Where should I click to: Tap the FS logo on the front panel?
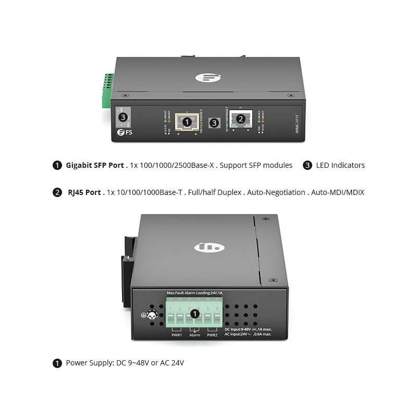125,132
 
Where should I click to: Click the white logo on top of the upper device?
205,77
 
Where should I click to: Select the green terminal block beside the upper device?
108,90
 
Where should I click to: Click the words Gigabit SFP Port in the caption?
95,165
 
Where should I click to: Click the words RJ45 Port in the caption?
84,192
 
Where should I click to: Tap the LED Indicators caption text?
340,165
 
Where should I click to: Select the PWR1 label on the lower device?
177,335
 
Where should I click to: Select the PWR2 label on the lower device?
212,335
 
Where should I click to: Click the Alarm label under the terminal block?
194,335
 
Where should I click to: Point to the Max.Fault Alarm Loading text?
194,293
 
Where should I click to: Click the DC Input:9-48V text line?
248,329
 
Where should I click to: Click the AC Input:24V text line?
248,334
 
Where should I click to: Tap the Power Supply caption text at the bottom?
125,363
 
